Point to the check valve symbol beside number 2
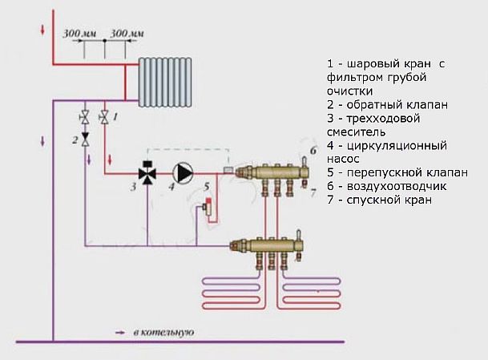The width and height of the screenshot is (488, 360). [x=86, y=140]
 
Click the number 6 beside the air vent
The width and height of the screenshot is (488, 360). [x=313, y=151]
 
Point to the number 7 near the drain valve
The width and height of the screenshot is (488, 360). [x=313, y=194]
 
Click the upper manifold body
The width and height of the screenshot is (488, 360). [x=272, y=172]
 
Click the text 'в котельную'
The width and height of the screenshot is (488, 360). [x=164, y=331]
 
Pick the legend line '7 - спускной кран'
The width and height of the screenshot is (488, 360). [x=379, y=200]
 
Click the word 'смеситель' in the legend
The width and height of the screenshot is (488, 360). [x=356, y=131]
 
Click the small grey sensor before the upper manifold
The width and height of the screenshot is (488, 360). [x=229, y=169]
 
